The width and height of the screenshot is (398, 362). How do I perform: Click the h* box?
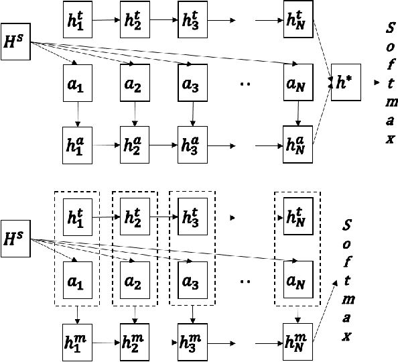point(346,84)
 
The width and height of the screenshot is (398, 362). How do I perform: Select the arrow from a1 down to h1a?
point(78,113)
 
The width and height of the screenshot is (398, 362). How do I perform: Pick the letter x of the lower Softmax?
point(347,338)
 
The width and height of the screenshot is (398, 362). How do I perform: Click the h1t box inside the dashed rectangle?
point(78,217)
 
